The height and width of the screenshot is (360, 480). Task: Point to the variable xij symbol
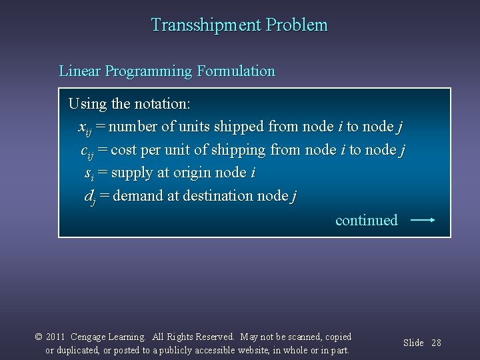point(85,128)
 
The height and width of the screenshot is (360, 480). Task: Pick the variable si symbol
point(89,174)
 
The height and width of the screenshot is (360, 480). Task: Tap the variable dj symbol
point(89,197)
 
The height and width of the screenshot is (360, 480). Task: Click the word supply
point(132,173)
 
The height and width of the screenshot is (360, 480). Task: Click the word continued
point(366,220)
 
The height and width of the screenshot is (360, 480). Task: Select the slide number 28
point(436,343)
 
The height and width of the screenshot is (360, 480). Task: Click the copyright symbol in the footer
point(39,337)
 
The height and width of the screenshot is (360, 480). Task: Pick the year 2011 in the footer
point(55,337)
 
